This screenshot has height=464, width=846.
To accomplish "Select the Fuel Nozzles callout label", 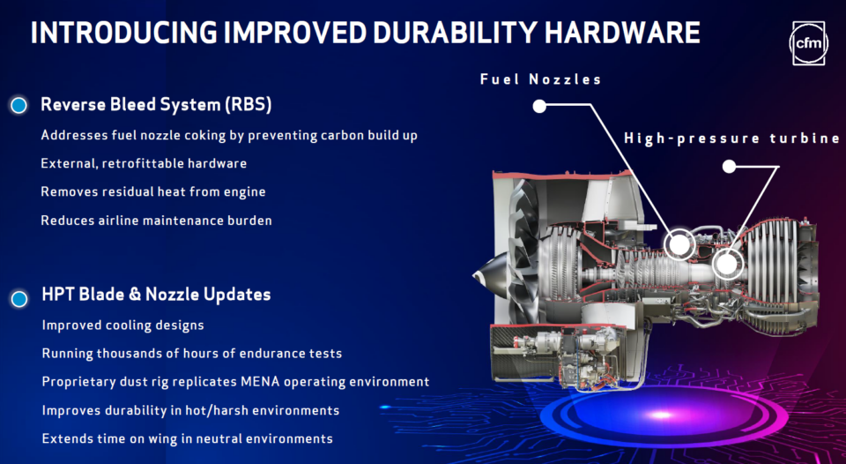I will [540, 79].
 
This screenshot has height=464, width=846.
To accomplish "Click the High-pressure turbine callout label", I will [731, 138].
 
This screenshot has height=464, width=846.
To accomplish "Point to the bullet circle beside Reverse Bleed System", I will [19, 105].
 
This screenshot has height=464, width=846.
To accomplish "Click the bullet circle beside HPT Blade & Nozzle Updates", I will [19, 298].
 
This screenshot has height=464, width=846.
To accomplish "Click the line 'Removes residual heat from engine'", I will [152, 191].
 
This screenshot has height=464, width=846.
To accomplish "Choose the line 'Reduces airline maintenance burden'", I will [156, 220].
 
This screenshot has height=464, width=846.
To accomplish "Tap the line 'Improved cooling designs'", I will [122, 326].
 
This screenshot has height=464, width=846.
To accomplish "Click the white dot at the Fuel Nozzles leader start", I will [539, 107].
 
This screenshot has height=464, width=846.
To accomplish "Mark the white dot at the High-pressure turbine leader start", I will [729, 166].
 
